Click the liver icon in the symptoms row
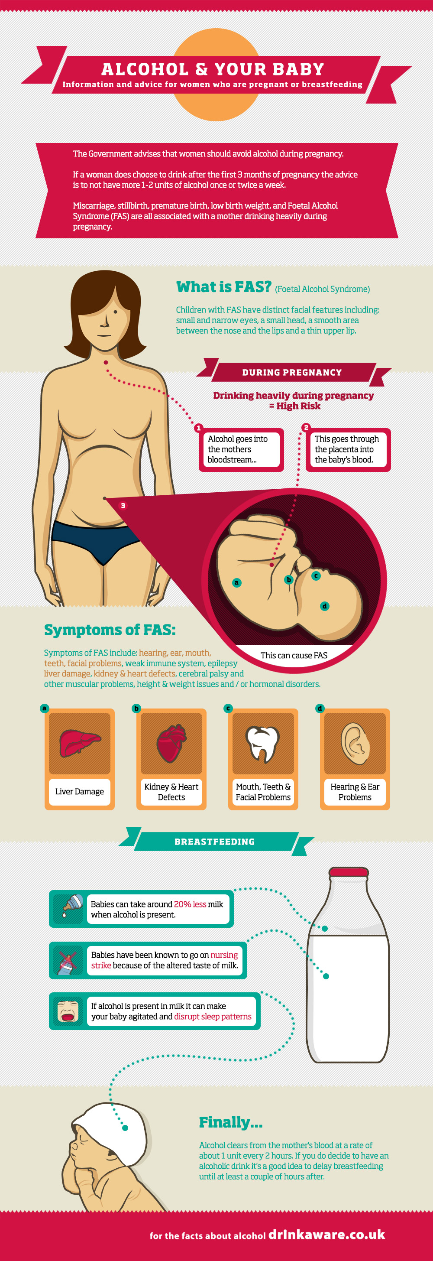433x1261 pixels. click(80, 742)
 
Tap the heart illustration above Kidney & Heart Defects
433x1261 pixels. click(171, 743)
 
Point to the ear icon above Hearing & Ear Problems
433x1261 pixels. click(355, 743)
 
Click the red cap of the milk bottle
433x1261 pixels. click(349, 872)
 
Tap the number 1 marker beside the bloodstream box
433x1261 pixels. click(198, 428)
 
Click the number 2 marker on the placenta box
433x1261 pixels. click(306, 427)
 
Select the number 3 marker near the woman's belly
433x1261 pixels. click(123, 506)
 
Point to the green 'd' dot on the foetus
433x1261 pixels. click(324, 606)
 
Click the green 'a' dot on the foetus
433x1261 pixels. click(237, 582)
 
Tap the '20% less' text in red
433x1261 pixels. click(190, 904)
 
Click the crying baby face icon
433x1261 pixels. click(68, 1011)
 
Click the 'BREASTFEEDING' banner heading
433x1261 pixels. click(214, 842)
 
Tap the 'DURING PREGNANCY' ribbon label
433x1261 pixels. click(292, 373)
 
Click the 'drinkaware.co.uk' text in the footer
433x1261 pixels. click(327, 1234)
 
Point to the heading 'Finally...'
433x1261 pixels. click(230, 1122)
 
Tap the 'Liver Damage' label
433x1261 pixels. click(79, 792)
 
